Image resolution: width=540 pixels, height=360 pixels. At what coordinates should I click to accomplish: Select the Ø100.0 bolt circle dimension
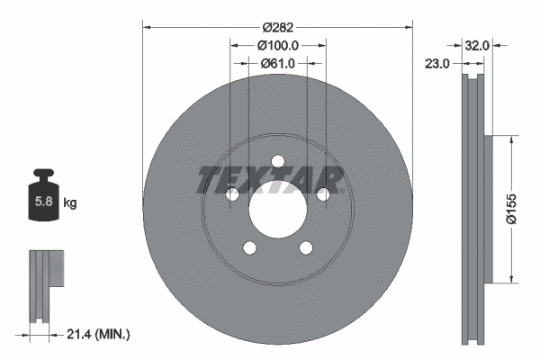[x=277, y=45]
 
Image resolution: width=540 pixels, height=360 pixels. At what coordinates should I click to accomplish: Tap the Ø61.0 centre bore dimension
[x=277, y=63]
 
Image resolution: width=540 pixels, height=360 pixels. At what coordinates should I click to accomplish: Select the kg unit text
[x=70, y=203]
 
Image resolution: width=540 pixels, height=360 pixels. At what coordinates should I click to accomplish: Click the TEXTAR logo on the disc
[x=270, y=179]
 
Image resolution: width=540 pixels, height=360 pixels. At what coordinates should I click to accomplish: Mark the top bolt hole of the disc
[x=277, y=161]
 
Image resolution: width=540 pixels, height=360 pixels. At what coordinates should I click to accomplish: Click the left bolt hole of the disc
[x=232, y=194]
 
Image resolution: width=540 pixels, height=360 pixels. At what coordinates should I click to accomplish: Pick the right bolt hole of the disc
[x=322, y=194]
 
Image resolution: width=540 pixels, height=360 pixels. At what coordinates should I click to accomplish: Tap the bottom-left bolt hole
[x=249, y=247]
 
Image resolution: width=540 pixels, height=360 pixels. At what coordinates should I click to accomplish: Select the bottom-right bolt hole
[x=305, y=247]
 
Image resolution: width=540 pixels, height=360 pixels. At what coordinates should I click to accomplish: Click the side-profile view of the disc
[x=472, y=207]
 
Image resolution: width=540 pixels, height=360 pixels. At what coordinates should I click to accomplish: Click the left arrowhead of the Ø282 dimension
[x=147, y=26]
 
